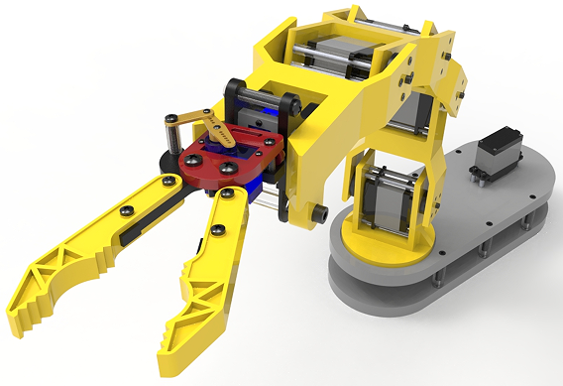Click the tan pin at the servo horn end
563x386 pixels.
click(172, 120)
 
